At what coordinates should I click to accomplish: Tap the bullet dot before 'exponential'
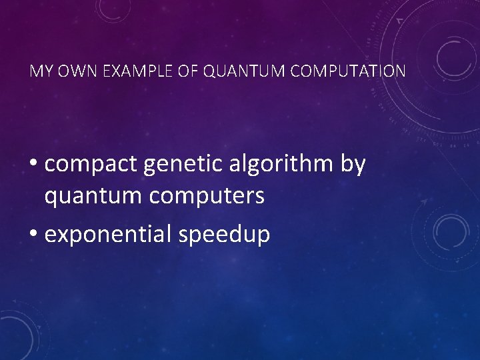pos(34,235)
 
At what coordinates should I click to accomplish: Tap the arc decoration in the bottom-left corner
pos(17,333)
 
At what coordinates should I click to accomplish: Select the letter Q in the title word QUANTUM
pos(207,71)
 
